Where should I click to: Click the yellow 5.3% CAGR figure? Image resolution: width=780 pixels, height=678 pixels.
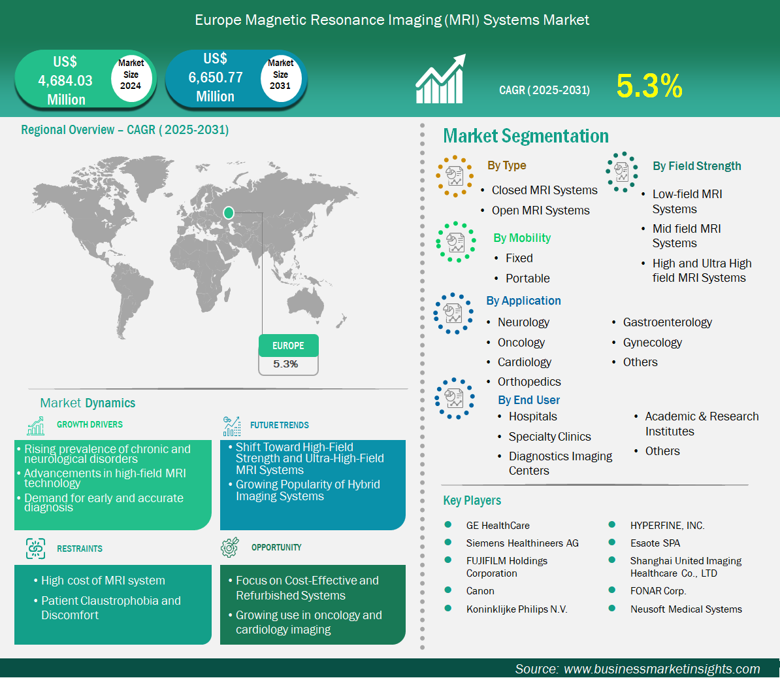coord(649,86)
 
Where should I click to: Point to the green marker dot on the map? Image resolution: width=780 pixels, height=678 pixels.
coord(229,213)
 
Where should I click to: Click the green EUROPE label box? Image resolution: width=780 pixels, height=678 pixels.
coord(289,345)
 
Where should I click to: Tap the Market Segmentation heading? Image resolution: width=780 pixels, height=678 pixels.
coord(526,136)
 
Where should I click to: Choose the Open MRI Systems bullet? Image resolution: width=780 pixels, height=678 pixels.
coord(540,211)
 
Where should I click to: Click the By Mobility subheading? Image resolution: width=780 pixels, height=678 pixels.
coord(522,238)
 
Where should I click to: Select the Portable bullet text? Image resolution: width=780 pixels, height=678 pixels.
coord(527,279)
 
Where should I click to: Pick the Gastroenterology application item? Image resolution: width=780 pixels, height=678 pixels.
coord(667,322)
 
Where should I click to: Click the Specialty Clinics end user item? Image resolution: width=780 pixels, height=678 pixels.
coord(549,437)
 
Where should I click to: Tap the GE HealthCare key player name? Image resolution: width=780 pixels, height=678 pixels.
coord(497,526)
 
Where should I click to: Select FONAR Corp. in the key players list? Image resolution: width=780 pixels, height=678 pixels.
coord(658,591)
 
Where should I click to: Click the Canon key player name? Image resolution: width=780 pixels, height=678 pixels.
coord(480,591)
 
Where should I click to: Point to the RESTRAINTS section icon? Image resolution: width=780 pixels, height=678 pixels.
coord(35,548)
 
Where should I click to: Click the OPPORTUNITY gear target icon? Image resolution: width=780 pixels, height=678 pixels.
coord(230,547)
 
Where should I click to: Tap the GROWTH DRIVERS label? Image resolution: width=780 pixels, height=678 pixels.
coord(89,424)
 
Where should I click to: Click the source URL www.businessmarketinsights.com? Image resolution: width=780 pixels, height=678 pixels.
coord(662,669)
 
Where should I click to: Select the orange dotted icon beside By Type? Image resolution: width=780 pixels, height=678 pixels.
coord(453,176)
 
